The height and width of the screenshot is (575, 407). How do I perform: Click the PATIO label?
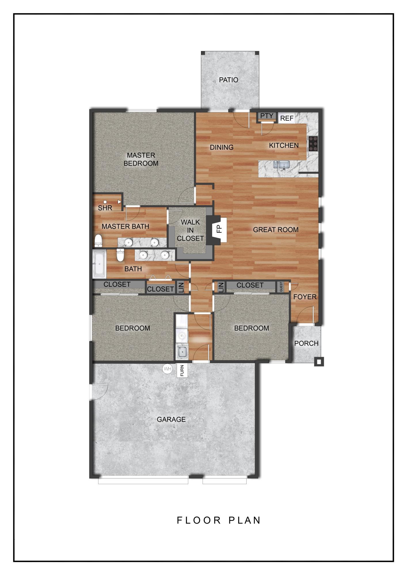[x=229, y=80]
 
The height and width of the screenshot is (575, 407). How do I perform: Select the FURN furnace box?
[x=182, y=371]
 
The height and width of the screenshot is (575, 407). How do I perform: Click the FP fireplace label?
[x=219, y=229]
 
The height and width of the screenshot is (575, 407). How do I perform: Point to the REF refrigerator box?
[x=287, y=118]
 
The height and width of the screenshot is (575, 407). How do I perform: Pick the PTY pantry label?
[x=267, y=116]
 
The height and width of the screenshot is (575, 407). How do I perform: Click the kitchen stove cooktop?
[x=313, y=143]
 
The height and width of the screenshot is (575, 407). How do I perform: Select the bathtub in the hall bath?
[x=99, y=264]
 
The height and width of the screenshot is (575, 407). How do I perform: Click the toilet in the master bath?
[x=98, y=240]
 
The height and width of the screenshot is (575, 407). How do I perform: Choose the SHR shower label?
[x=105, y=208]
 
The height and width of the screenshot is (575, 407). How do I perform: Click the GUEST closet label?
[x=281, y=287]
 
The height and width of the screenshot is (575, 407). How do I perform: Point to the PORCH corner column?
[x=319, y=362]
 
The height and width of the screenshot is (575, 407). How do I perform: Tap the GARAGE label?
[x=171, y=419]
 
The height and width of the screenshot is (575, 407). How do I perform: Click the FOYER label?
[x=305, y=297]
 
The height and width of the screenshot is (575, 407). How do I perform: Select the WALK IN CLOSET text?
[x=190, y=230]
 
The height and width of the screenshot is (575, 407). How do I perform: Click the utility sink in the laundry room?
[x=182, y=352]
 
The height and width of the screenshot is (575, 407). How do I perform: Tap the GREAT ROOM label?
[x=275, y=229]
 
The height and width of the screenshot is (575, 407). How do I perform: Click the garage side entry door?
[x=98, y=391]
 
